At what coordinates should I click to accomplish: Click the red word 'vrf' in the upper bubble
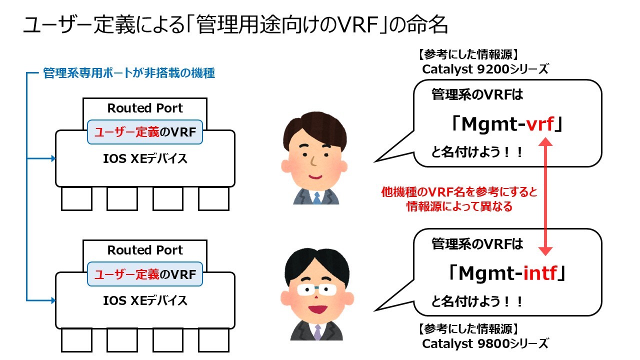[540, 124]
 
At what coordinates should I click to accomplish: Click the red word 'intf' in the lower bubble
[540, 273]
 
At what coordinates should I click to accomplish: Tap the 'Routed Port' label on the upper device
[145, 108]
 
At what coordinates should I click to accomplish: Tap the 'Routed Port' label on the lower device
[145, 250]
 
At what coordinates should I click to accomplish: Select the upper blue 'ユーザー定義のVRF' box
[145, 132]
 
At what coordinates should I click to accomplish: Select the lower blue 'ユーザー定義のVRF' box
[145, 274]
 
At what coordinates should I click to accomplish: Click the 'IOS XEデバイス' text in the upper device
[145, 159]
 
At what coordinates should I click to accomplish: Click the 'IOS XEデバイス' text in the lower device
[145, 301]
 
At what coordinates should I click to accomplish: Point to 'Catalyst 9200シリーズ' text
[485, 69]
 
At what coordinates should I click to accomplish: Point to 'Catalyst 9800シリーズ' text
[485, 344]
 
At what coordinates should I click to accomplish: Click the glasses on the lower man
[317, 289]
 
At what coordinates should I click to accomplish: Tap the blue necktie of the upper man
[317, 197]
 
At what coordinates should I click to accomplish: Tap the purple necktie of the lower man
[317, 332]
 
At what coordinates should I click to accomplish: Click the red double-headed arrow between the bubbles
[545, 196]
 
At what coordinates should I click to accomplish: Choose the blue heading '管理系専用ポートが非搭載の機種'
[129, 73]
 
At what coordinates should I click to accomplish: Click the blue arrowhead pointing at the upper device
[53, 158]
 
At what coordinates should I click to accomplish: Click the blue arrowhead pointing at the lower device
[53, 300]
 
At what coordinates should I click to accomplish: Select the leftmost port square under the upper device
[76, 199]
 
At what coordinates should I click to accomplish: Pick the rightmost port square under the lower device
[213, 340]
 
